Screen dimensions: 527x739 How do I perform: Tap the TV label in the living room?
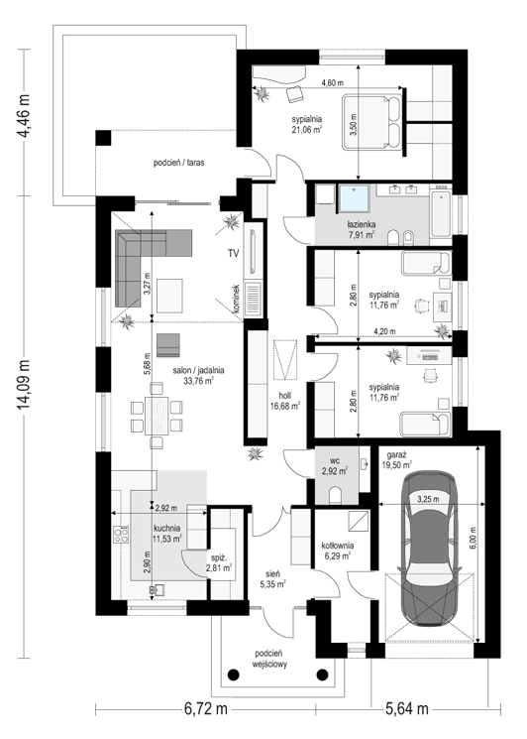[234, 254]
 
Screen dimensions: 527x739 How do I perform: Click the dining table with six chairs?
[157, 416]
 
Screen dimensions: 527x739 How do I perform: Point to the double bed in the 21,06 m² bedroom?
[371, 123]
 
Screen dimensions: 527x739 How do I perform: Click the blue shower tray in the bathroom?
[356, 199]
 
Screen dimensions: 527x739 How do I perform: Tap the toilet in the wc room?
[336, 496]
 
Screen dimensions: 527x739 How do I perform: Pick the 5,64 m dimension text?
[407, 708]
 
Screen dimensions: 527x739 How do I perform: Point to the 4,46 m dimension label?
[23, 116]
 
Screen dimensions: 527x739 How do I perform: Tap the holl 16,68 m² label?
[285, 401]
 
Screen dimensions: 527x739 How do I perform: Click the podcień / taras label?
[178, 163]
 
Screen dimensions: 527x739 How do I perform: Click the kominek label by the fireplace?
[236, 299]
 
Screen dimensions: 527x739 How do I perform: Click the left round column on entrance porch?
[234, 675]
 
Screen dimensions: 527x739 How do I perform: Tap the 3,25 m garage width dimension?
[428, 499]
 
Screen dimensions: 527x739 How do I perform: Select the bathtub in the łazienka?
[441, 213]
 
